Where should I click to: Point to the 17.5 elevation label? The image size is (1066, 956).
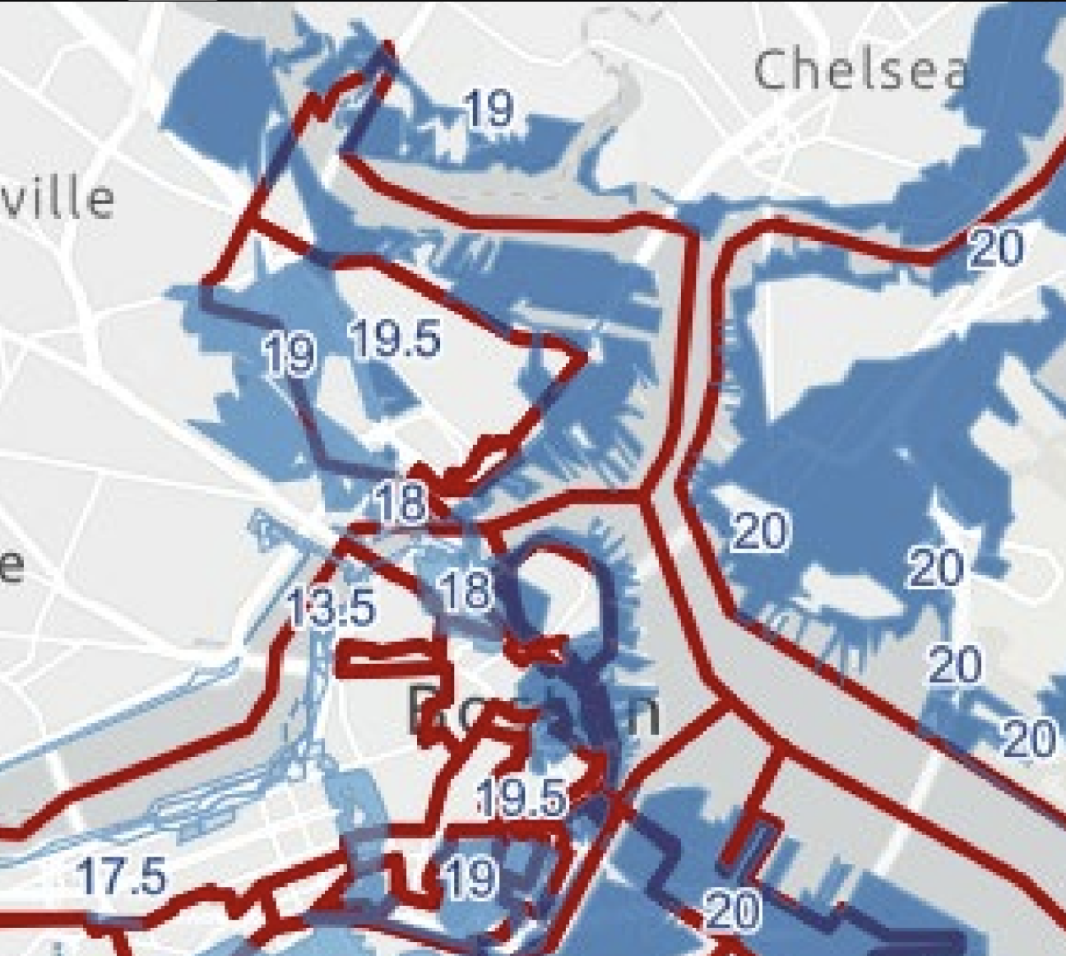(122, 875)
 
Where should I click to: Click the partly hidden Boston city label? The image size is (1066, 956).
(533, 712)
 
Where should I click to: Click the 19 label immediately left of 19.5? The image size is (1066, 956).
(290, 355)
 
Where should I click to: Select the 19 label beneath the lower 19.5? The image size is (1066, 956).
(470, 878)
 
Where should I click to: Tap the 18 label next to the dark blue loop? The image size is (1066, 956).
(466, 591)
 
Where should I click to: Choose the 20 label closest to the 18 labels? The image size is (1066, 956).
(758, 531)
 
